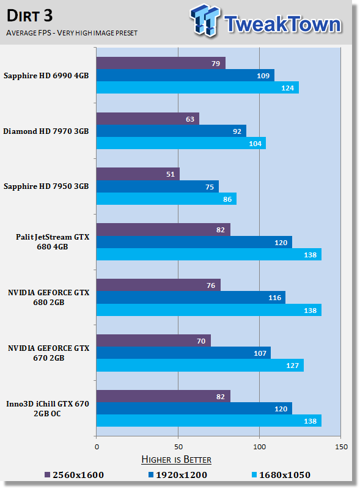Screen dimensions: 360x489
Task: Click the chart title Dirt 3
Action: (29, 16)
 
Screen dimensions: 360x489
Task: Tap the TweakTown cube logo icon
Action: (205, 20)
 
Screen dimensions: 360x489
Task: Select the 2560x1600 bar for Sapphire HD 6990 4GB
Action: (161, 63)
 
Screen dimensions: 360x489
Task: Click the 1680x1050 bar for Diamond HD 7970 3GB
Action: (181, 143)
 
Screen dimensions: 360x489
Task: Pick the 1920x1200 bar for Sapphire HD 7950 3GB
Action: (158, 186)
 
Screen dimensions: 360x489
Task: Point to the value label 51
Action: (171, 174)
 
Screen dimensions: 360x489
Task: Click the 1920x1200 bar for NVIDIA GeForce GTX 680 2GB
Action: (191, 298)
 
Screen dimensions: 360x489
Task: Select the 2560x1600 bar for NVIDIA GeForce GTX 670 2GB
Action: (153, 340)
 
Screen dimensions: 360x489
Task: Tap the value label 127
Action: (292, 366)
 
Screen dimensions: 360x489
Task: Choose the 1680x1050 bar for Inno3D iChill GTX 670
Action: (208, 421)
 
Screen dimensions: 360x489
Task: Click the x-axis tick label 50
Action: (178, 447)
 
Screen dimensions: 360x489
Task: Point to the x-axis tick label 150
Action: (341, 447)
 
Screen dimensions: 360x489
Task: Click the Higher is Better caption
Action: (176, 460)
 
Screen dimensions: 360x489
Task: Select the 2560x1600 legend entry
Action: (74, 475)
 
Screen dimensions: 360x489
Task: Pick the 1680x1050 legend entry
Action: (281, 475)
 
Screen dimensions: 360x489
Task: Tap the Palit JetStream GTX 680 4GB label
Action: (53, 241)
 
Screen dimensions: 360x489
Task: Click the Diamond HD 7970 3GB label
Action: (46, 131)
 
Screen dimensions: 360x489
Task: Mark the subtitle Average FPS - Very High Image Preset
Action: (72, 33)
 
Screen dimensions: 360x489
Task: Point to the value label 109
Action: (263, 76)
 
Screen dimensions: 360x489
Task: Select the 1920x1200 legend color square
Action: (151, 475)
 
